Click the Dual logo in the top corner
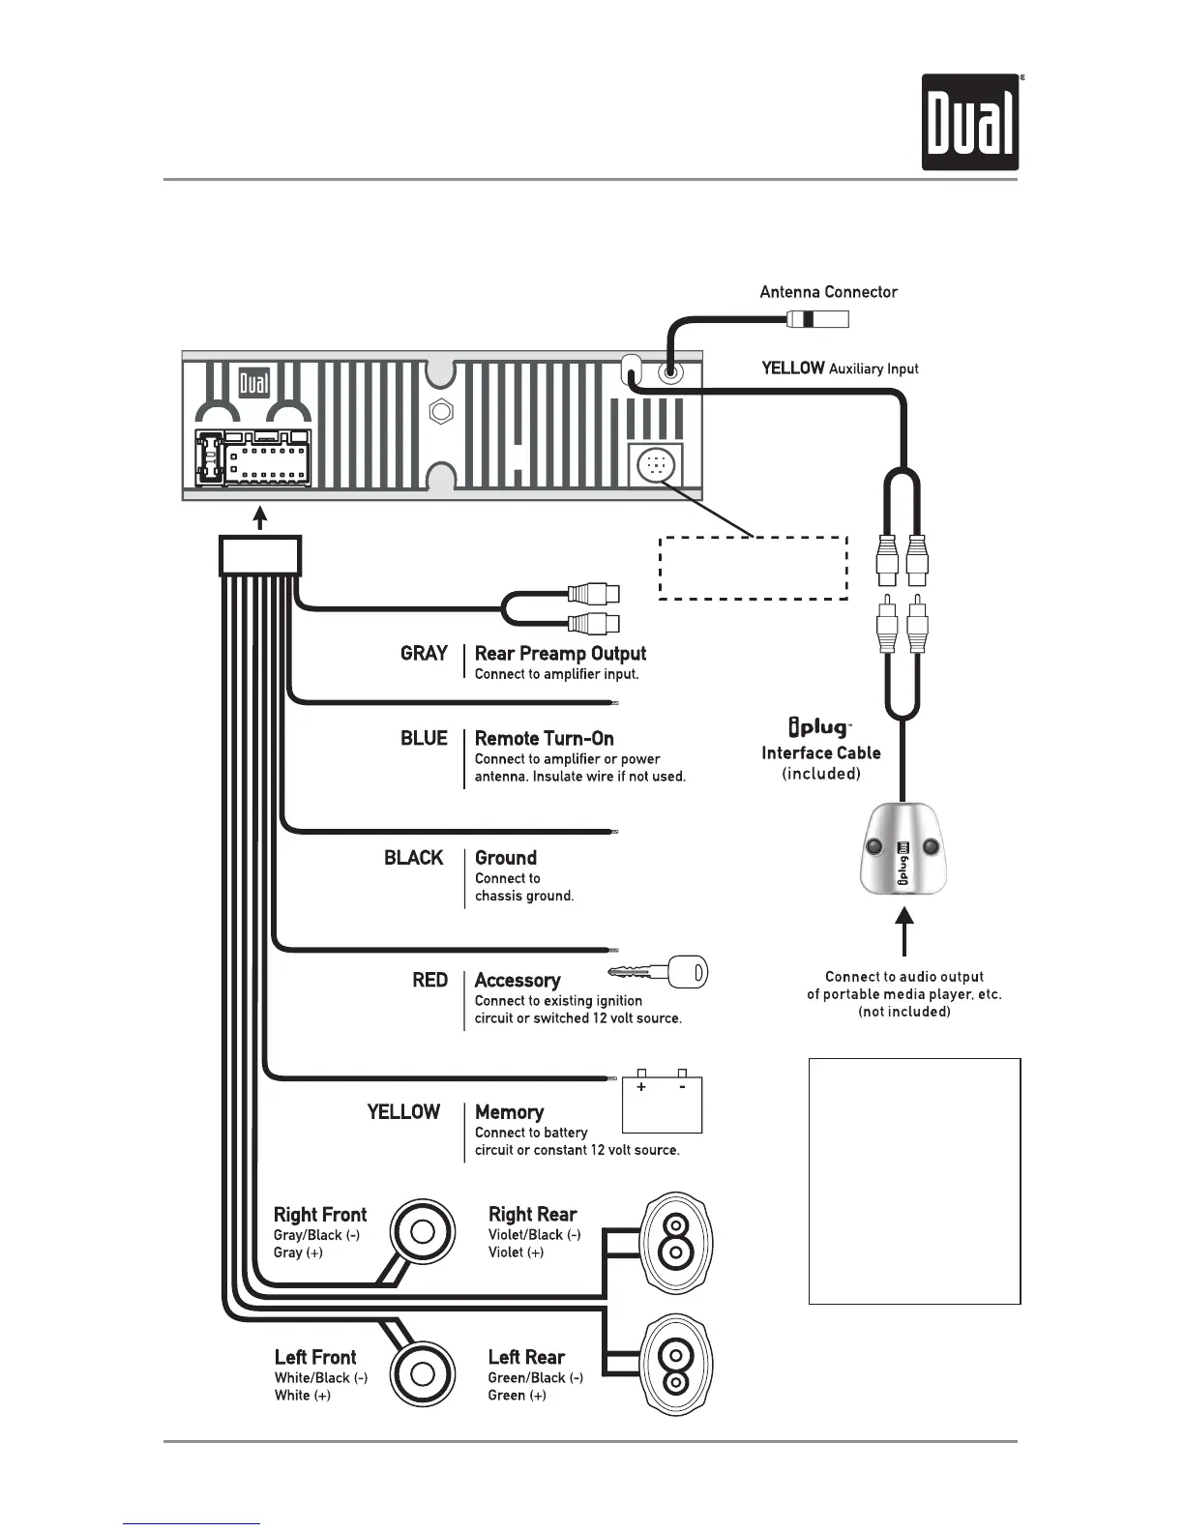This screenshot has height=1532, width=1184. click(970, 123)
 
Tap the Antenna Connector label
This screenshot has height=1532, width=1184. click(828, 292)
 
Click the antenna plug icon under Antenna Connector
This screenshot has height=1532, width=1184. click(816, 318)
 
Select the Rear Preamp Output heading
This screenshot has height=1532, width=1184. click(560, 654)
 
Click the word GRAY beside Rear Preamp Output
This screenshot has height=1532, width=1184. click(424, 654)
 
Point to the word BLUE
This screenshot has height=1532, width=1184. click(424, 739)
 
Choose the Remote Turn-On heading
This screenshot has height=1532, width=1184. click(544, 739)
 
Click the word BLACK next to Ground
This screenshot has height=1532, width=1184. click(413, 858)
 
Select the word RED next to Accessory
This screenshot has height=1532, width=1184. click(429, 981)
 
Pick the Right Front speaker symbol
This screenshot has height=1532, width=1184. click(422, 1232)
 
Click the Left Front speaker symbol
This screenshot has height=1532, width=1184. click(422, 1374)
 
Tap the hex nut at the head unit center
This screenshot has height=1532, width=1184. click(441, 411)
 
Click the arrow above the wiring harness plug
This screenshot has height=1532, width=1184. click(259, 519)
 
